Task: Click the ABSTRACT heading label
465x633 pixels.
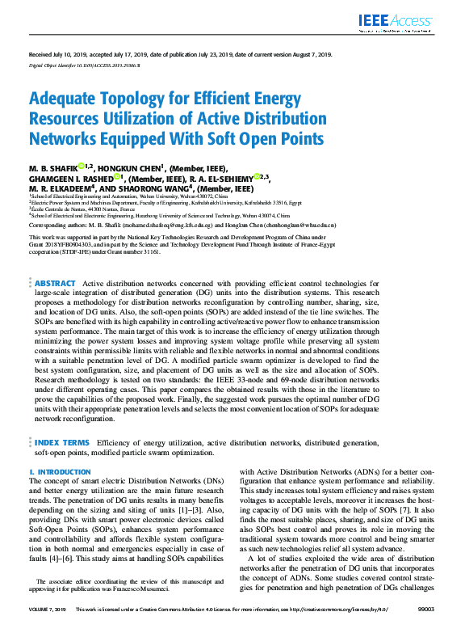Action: [55, 284]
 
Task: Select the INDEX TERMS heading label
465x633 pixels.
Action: [61, 443]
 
